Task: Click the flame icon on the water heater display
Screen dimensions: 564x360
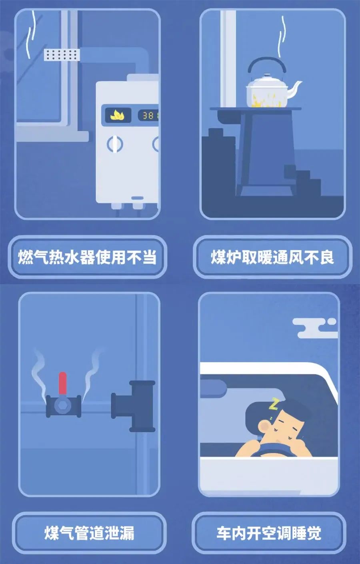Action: coord(118,116)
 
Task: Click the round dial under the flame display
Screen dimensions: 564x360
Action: coord(115,143)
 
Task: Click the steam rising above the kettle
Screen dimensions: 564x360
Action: coord(282,34)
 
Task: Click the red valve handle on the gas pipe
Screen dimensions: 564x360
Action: coord(63,383)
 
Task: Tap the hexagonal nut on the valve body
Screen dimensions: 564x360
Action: coord(63,406)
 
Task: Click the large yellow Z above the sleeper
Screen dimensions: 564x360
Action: coord(274,404)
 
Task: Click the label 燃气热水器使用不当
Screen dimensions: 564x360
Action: coord(87,257)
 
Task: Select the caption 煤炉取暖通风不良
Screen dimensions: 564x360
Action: coord(272,257)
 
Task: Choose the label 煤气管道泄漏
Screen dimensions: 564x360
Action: coord(89,533)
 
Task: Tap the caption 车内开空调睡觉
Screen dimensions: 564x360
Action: coord(269,533)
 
